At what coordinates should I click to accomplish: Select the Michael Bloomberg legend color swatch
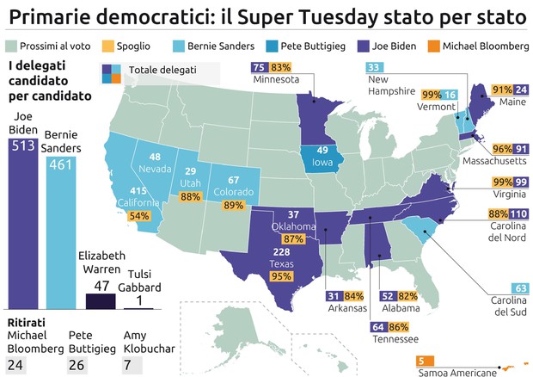point(431,45)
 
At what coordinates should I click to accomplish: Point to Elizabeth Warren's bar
point(101,300)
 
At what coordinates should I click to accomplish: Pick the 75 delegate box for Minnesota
point(259,67)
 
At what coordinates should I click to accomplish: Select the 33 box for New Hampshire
point(375,68)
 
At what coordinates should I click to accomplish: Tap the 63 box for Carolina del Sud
point(518,287)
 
